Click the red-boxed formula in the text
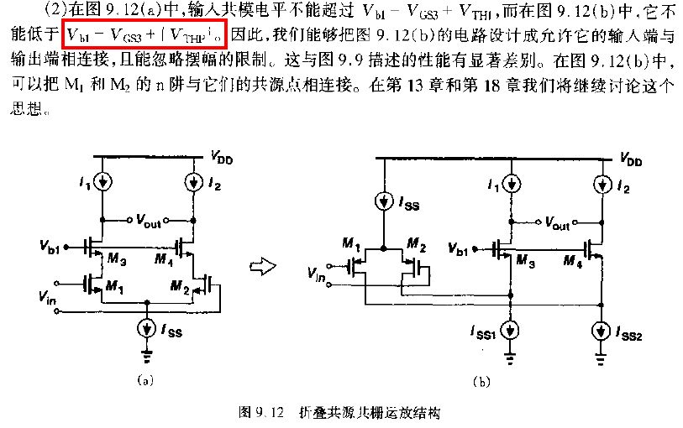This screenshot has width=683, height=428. click(145, 34)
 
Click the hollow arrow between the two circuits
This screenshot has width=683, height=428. click(263, 266)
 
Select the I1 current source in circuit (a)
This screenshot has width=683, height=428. click(102, 182)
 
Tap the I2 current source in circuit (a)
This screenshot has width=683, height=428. click(194, 182)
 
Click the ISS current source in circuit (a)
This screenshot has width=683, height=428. click(147, 329)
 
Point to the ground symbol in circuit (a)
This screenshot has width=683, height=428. click(147, 356)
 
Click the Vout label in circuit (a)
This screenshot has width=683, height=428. click(149, 221)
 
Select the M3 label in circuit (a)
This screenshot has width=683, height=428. click(117, 259)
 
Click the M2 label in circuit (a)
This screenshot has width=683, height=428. click(180, 287)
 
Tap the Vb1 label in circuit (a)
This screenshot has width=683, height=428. click(50, 247)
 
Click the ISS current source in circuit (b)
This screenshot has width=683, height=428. click(384, 201)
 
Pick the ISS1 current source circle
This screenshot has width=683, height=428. click(511, 331)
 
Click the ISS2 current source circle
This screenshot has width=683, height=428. click(602, 331)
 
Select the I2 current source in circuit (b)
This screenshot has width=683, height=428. click(602, 185)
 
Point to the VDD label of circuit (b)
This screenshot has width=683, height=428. click(631, 159)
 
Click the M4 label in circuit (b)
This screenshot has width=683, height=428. click(572, 261)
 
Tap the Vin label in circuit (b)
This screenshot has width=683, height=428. click(317, 274)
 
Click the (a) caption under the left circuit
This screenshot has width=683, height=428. click(145, 381)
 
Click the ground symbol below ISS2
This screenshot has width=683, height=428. click(601, 359)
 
